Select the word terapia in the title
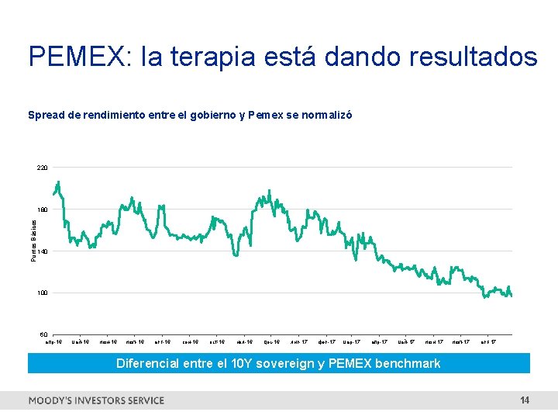(232, 57)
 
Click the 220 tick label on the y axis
(42, 168)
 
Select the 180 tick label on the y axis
(42, 209)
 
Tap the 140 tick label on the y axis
(42, 251)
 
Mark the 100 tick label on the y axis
(42, 293)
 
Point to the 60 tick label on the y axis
(43, 335)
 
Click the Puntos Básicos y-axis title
(33, 239)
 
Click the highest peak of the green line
(58, 182)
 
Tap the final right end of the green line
(511, 295)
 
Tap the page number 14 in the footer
(525, 400)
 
